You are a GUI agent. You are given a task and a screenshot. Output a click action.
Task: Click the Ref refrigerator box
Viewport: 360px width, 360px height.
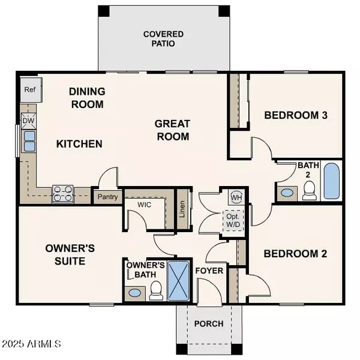pyautogui.click(x=29, y=89)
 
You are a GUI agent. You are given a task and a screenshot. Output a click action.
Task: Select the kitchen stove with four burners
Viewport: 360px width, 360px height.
pyautogui.click(x=63, y=193)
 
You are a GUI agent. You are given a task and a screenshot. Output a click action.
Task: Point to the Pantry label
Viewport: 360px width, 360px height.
pyautogui.click(x=107, y=196)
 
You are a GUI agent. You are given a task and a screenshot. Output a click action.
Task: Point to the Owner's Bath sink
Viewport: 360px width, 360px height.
pyautogui.click(x=135, y=293)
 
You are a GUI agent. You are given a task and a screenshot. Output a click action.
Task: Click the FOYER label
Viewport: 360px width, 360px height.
pyautogui.click(x=209, y=271)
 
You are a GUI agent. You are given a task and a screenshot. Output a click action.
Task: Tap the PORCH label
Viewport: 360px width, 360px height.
pyautogui.click(x=209, y=323)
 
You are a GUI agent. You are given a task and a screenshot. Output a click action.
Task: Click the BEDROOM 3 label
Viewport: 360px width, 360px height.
pyautogui.click(x=295, y=116)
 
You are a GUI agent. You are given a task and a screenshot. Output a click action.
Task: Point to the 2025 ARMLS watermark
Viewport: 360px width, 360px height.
pyautogui.click(x=31, y=344)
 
